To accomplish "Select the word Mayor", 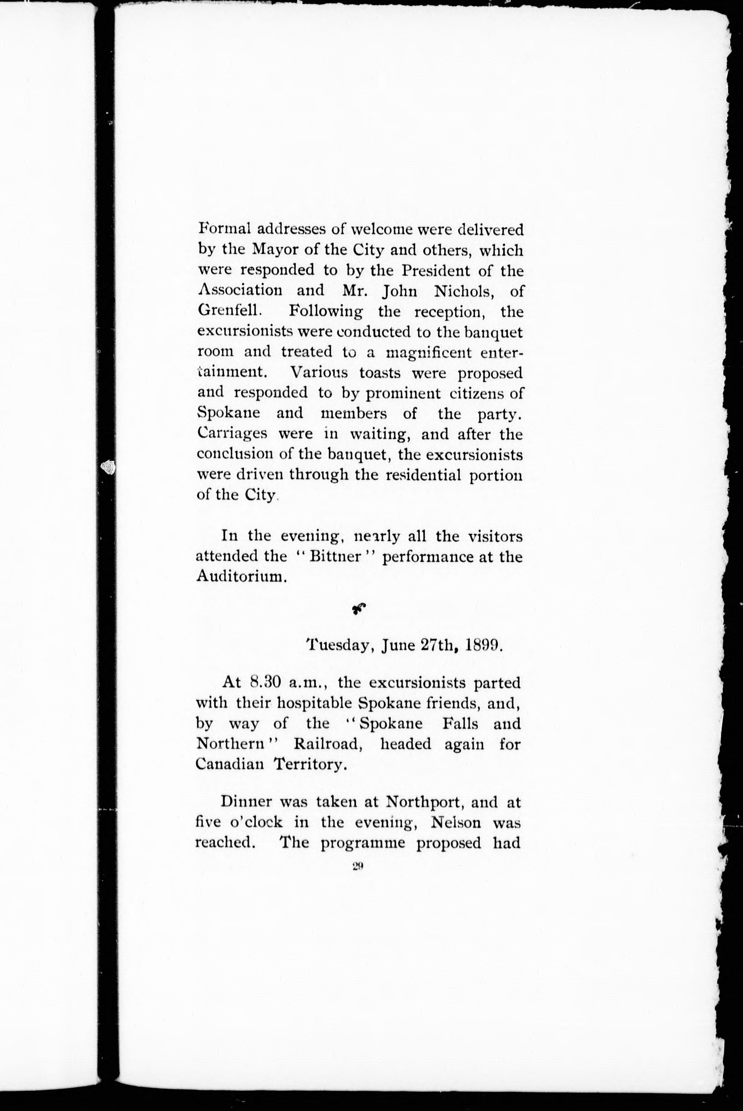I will tap(276, 250).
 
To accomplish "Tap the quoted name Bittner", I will tap(335, 557).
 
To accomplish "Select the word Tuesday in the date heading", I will tap(335, 646).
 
